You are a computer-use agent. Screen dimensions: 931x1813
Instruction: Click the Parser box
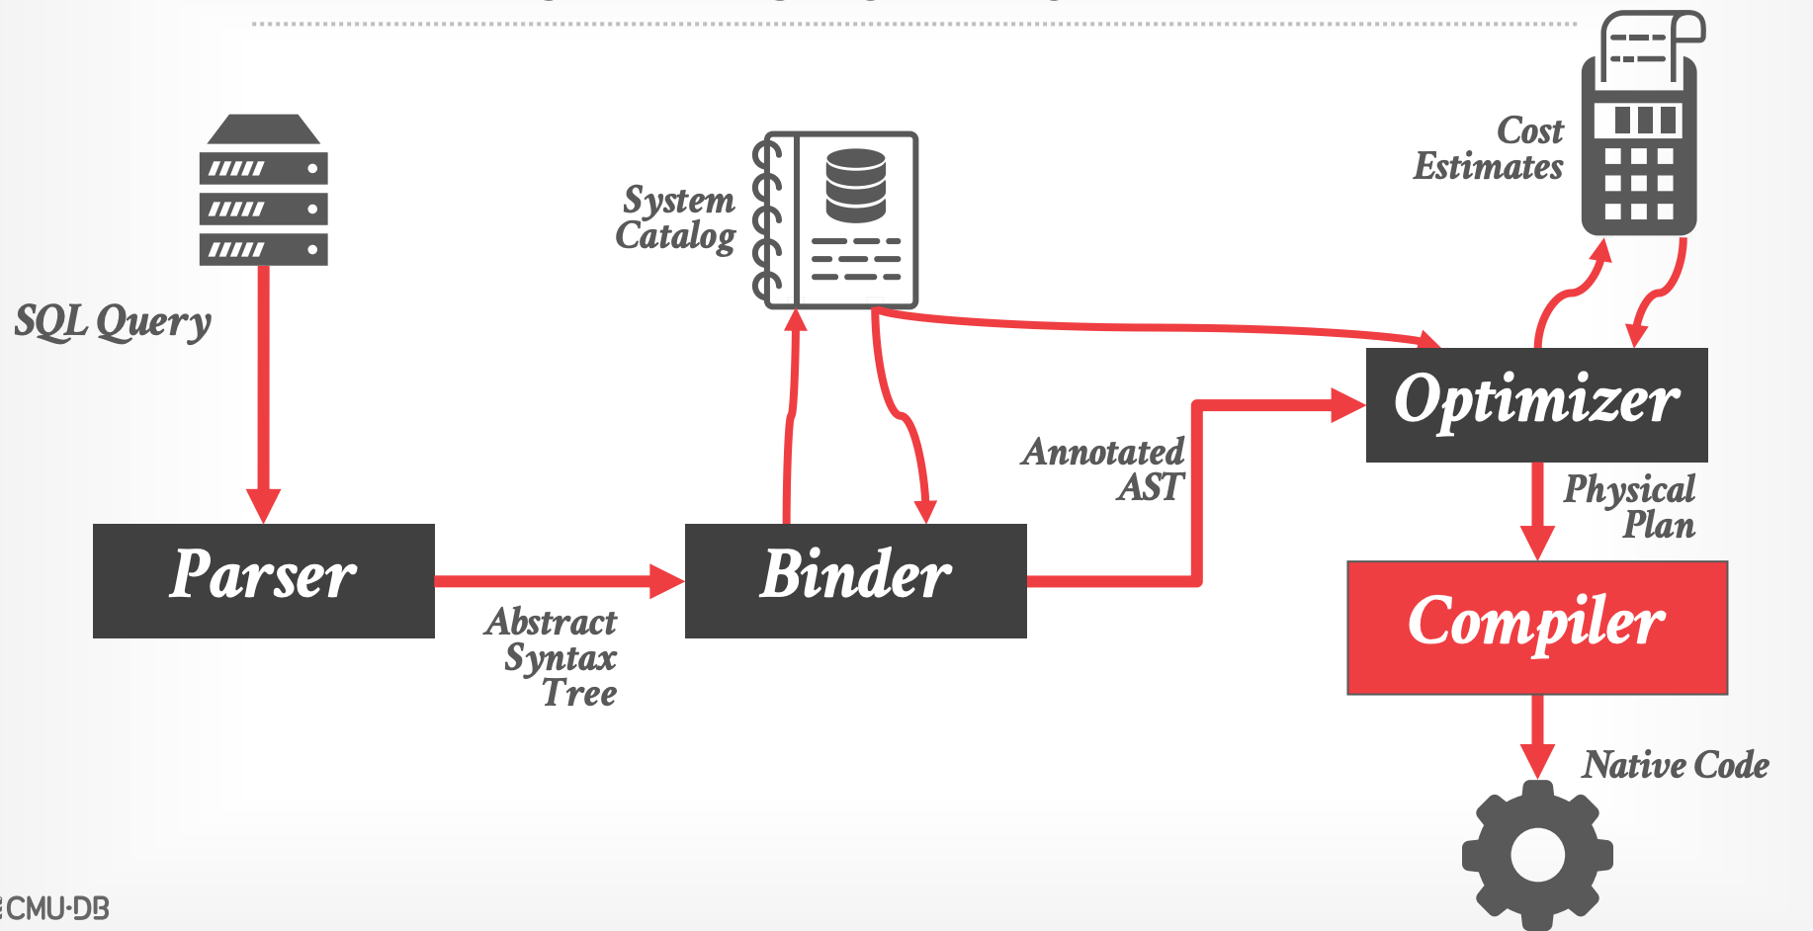[263, 580]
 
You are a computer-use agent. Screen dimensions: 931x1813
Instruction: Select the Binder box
[855, 580]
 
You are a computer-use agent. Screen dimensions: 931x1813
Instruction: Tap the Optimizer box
[1536, 404]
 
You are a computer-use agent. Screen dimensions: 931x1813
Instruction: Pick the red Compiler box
[1537, 628]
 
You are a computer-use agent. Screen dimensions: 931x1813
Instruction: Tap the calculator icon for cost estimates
[1641, 128]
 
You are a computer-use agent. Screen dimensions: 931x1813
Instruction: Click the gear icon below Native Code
[1537, 855]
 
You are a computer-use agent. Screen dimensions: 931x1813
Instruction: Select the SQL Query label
[113, 322]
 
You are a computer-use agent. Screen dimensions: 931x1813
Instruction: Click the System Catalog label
[677, 217]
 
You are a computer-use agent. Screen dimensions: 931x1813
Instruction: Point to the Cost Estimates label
[1489, 149]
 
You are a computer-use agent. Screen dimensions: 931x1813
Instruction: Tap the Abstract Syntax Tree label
[554, 657]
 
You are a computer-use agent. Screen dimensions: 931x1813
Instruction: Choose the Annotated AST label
[1103, 469]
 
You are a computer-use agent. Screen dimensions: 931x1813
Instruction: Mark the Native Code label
[1676, 765]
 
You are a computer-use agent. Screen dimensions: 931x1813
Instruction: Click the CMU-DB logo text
[57, 908]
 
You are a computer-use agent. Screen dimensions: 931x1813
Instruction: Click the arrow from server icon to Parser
[263, 395]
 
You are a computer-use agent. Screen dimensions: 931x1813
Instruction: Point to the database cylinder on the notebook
[856, 185]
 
